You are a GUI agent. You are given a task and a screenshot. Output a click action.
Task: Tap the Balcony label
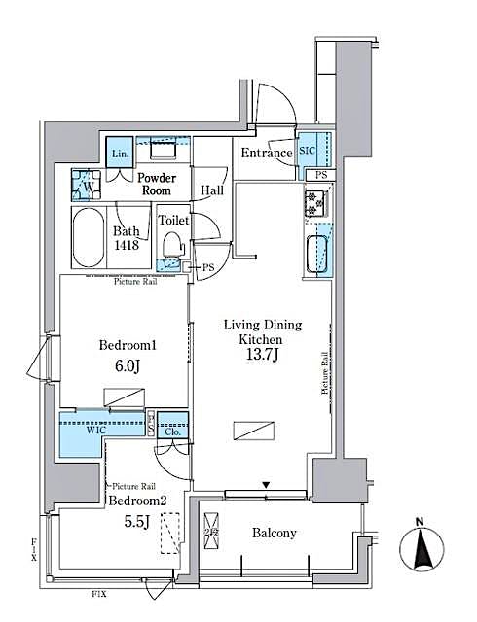pos(274,534)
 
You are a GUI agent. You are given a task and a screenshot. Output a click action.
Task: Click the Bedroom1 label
pos(128,345)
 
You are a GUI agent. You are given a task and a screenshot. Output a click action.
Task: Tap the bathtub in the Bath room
pos(89,237)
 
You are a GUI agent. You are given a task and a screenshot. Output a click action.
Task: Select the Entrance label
pos(267,153)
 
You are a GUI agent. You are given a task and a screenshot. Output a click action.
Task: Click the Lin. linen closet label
pos(120,155)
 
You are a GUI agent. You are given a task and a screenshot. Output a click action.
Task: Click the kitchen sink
pos(318,253)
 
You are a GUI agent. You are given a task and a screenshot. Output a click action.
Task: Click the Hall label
pos(212,190)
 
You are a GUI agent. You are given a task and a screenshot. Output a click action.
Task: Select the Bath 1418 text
pos(129,238)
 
